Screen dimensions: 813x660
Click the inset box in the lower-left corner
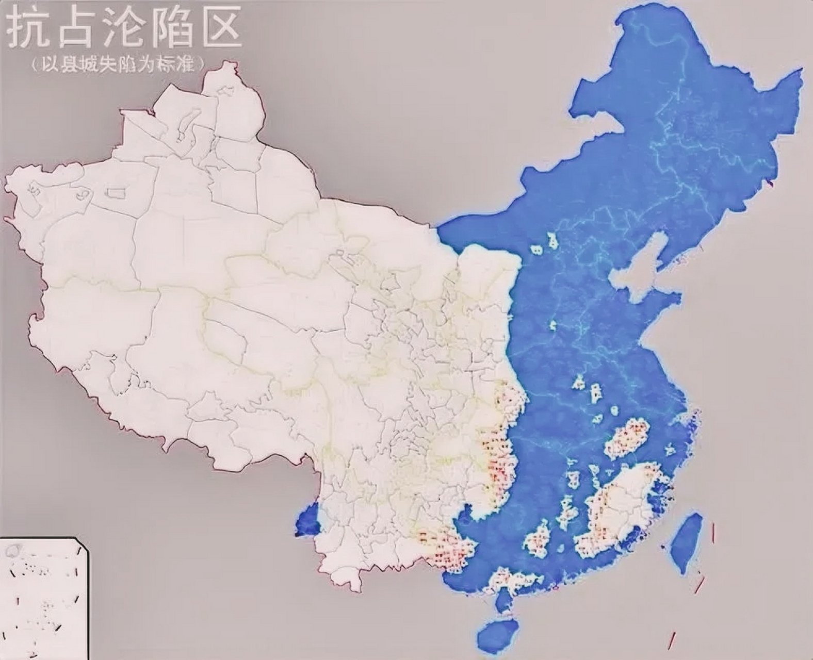44,598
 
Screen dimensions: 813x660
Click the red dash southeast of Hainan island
672,639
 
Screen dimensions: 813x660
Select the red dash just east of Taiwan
713,533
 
